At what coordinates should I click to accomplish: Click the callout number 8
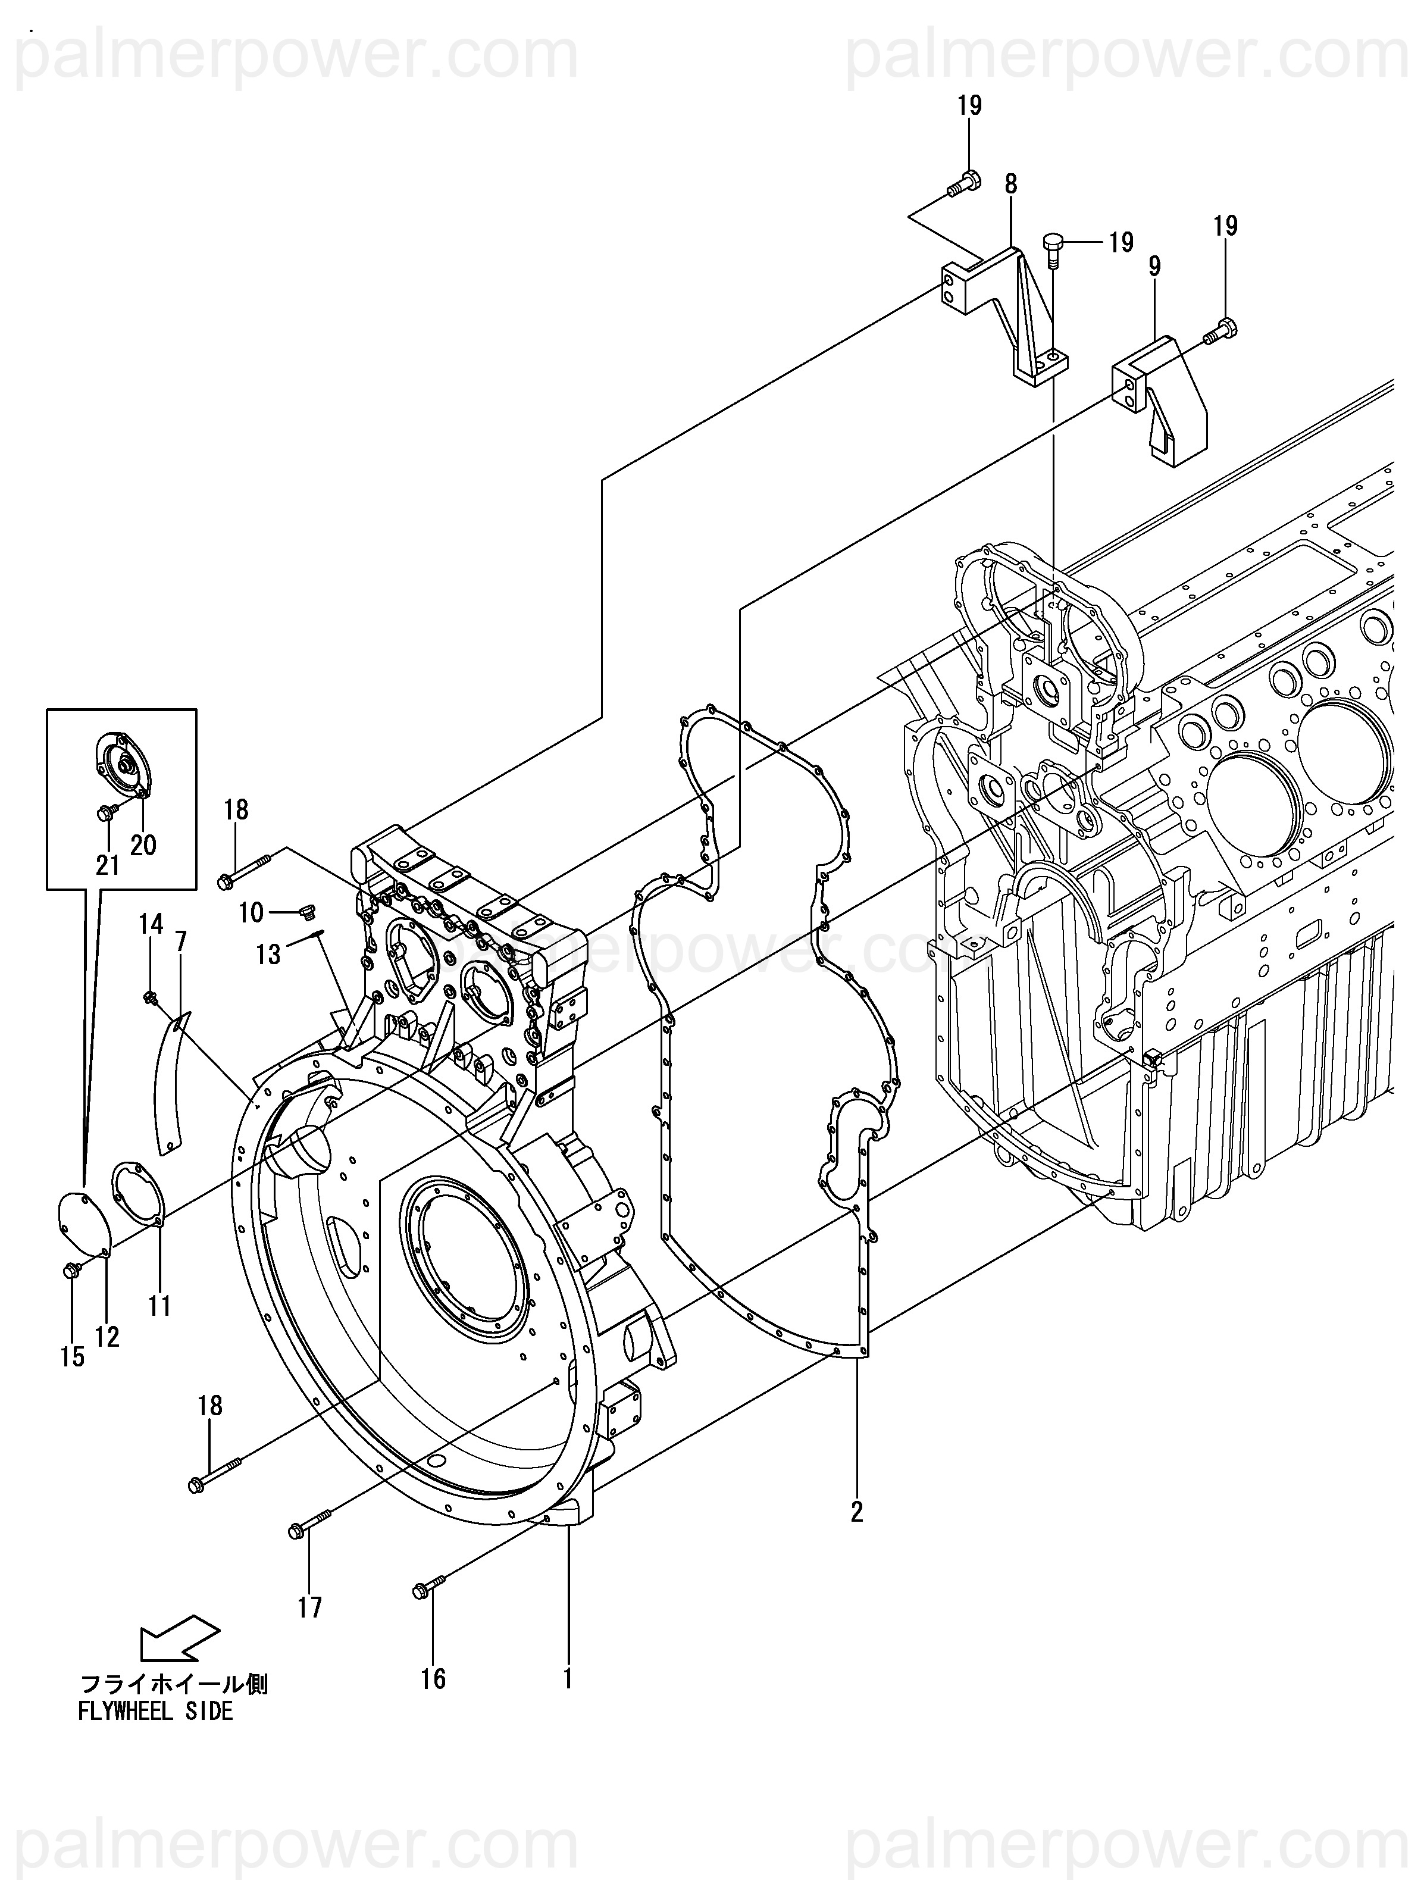1010,183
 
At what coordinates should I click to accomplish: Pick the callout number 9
1154,267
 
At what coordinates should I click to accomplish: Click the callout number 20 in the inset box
143,845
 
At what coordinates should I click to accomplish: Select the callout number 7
180,941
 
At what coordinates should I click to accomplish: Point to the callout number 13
268,955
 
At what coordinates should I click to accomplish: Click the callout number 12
107,1336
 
